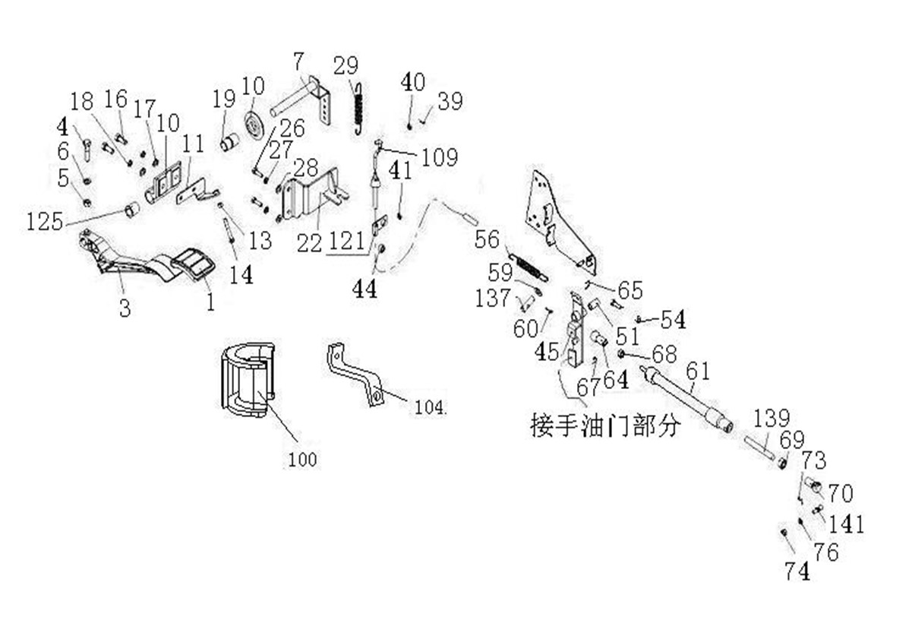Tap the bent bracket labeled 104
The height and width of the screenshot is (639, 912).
click(x=355, y=376)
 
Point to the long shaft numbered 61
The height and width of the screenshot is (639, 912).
click(x=687, y=399)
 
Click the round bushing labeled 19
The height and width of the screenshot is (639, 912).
click(x=229, y=141)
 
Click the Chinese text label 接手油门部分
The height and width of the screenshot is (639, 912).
click(x=604, y=425)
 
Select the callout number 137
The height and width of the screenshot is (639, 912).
click(x=493, y=298)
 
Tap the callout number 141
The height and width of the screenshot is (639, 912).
click(x=846, y=524)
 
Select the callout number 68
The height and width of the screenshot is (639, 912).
click(x=663, y=355)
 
